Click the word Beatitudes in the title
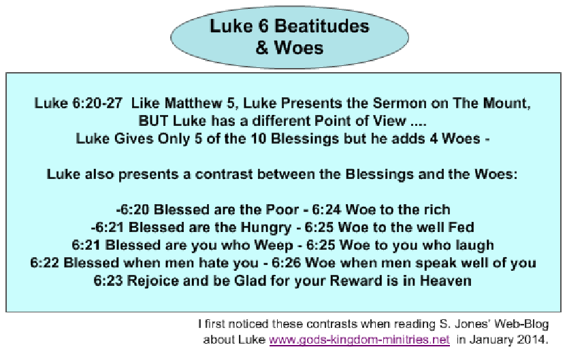click(321, 26)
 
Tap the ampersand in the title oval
click(262, 48)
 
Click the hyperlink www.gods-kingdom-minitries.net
click(359, 340)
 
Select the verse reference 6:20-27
click(97, 103)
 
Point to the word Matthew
click(193, 103)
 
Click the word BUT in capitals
click(153, 120)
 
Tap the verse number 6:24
click(327, 210)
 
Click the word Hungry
click(265, 228)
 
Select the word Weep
click(274, 246)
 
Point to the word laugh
click(475, 246)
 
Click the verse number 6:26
click(286, 263)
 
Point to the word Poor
click(282, 210)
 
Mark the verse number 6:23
click(108, 281)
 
